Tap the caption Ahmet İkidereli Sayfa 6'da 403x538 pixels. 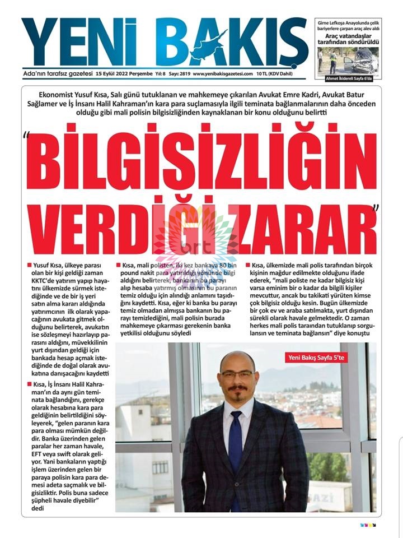pos(348,79)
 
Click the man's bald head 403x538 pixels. pos(237,359)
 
